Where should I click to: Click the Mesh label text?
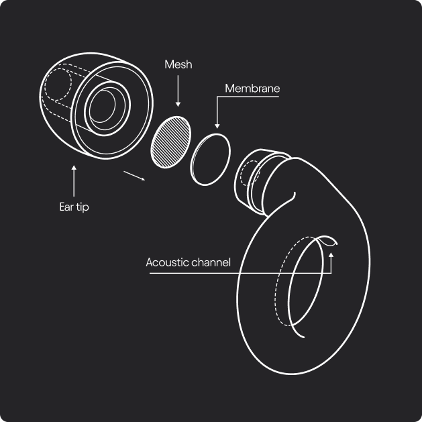point(178,64)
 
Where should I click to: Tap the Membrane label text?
point(252,89)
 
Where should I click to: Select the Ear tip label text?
point(74,207)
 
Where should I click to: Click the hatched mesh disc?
point(171,142)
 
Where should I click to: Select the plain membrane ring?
point(210,160)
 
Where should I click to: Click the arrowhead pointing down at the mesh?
point(178,105)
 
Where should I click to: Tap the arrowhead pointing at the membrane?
point(217,126)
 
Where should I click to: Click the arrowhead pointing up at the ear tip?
point(74,168)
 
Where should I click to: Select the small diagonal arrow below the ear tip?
point(134,176)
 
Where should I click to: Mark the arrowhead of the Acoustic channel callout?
point(331,255)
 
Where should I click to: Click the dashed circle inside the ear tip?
point(58,85)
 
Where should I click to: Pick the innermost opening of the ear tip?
point(102,106)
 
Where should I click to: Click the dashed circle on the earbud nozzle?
point(250,173)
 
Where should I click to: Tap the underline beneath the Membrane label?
point(248,97)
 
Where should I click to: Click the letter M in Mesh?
point(169,64)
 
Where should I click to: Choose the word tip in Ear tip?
point(83,207)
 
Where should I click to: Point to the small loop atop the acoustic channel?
point(328,241)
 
